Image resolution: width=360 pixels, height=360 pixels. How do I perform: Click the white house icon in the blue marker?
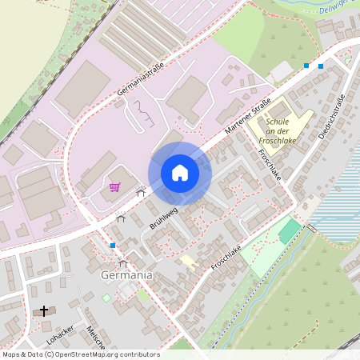point(180,173)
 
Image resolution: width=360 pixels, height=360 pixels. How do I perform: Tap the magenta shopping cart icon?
point(115,187)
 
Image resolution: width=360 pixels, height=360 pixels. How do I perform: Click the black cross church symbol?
point(44,310)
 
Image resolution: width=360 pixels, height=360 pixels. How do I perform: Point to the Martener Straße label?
point(249,114)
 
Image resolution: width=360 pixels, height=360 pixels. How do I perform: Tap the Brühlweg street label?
point(163,218)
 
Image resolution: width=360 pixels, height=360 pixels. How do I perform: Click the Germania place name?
point(126,275)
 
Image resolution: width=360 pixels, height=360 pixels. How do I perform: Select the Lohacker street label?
point(61,338)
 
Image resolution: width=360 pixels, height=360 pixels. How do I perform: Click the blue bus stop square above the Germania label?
point(113,245)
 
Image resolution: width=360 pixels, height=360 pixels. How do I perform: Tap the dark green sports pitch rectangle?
point(290,233)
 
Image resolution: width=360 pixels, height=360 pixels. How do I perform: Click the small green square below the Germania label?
point(106,298)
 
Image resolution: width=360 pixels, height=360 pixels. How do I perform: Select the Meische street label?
point(95,339)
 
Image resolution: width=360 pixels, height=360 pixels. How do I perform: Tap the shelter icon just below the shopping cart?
point(141,192)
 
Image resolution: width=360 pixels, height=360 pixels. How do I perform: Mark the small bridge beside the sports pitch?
point(313,229)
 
